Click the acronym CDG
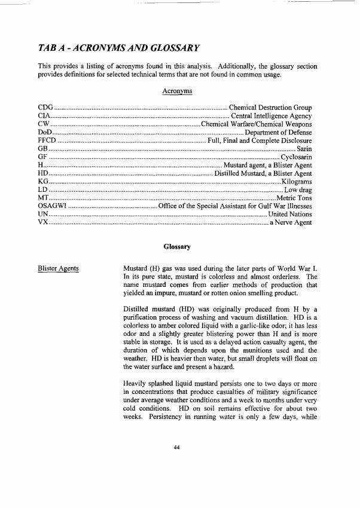click(x=47, y=108)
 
